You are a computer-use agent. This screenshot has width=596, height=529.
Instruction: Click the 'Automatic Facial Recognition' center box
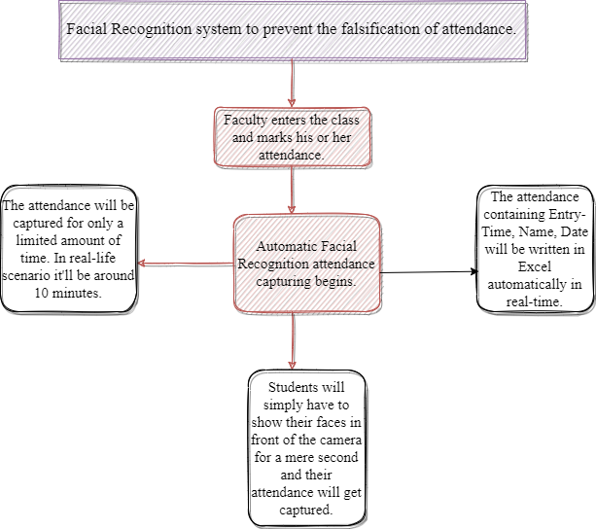[306, 252]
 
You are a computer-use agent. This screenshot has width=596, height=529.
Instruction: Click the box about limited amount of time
[68, 250]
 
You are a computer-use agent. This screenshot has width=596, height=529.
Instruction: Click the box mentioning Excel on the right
[534, 250]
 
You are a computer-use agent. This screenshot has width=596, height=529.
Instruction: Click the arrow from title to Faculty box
[292, 84]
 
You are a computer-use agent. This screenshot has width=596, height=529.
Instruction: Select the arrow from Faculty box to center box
[292, 190]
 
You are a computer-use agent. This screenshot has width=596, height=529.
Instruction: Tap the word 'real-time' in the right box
[535, 301]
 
